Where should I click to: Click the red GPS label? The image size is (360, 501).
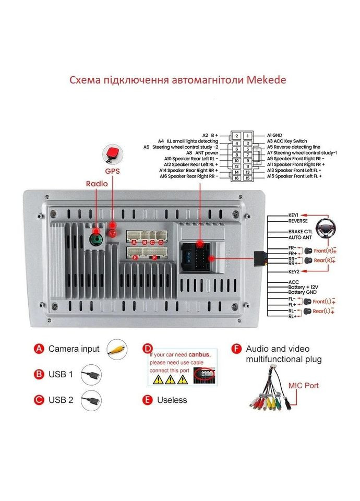coord(112,171)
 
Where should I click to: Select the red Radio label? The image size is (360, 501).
coord(97,184)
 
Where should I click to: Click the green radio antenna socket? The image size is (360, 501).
coord(96,240)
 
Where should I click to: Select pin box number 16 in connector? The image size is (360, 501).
coord(236,178)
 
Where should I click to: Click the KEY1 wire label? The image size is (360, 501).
coord(293,214)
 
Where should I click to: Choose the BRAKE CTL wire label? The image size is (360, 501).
coord(301,231)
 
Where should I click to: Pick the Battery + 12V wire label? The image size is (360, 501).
coord(302,287)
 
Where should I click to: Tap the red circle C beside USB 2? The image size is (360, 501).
coord(39,400)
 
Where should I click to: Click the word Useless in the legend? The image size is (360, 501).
coord(172,400)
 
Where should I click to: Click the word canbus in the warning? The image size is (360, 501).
coord(199,354)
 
